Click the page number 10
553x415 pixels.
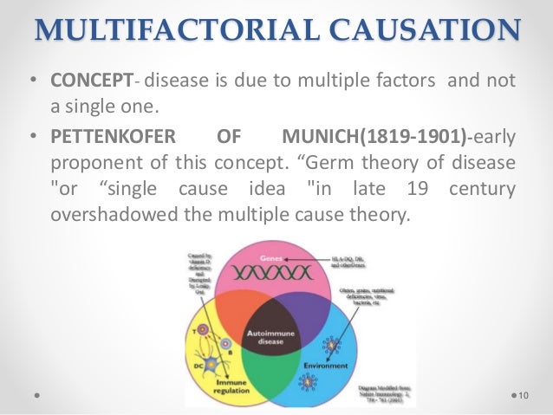(523, 395)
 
